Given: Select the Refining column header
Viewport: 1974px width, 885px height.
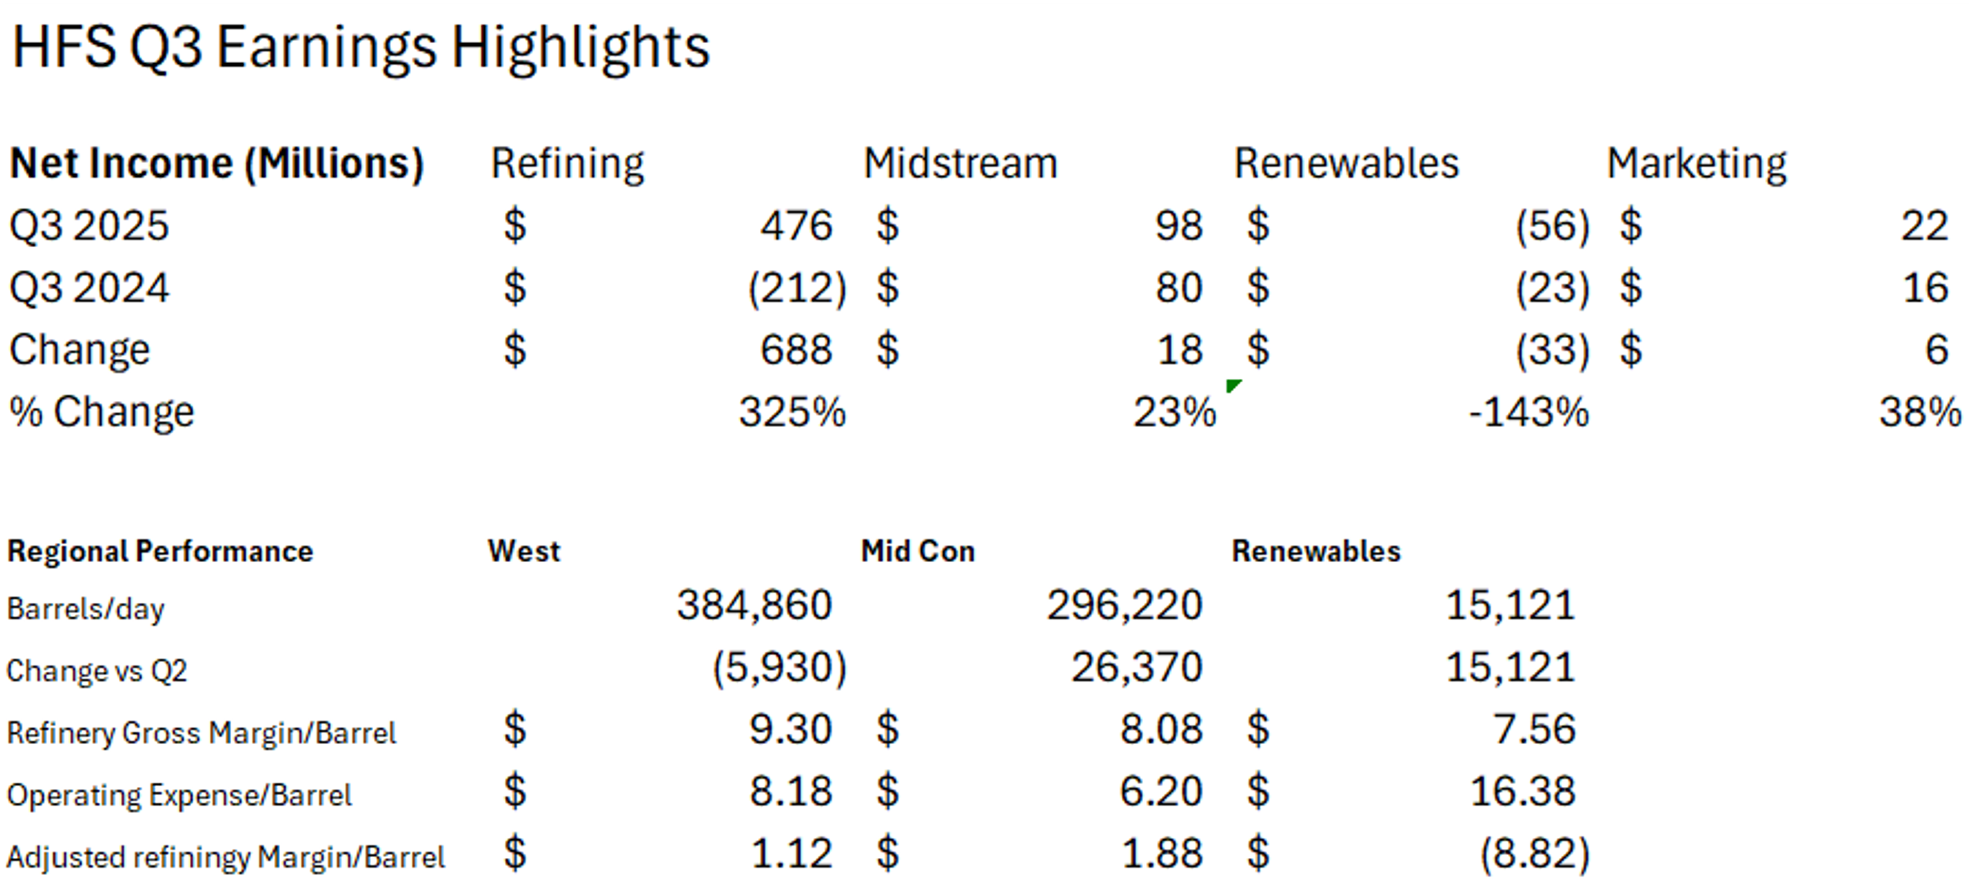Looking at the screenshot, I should click(x=567, y=164).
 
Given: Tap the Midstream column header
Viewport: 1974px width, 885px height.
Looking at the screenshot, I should click(x=960, y=164).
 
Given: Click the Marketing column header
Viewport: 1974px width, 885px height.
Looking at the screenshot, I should click(x=1696, y=164).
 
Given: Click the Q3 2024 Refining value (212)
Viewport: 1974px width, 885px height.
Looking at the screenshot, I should click(x=797, y=288).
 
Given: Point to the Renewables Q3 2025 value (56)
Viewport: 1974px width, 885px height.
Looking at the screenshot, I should click(x=1552, y=226).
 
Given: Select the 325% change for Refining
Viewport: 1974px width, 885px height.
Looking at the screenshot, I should click(x=792, y=412).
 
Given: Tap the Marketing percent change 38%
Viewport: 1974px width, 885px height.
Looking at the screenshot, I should click(x=1920, y=412).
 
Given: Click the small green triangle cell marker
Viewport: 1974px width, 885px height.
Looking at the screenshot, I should click(x=1232, y=384).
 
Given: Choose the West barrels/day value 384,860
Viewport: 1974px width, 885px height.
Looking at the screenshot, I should click(x=754, y=605).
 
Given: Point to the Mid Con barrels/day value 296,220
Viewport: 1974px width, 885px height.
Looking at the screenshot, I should click(x=1124, y=605).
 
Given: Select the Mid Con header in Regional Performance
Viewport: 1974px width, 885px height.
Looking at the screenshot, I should click(x=917, y=551).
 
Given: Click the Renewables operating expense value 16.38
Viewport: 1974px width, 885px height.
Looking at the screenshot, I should click(x=1522, y=791).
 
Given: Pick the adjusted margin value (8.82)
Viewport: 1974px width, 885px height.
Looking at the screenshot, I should click(x=1534, y=854).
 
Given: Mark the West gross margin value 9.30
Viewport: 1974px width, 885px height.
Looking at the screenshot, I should click(x=790, y=729).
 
